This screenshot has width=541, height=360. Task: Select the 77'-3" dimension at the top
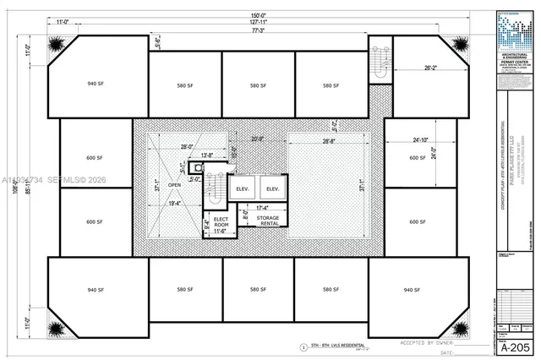click(x=254, y=30)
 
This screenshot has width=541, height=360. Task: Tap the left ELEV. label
click(x=241, y=188)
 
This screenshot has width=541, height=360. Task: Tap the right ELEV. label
click(x=271, y=188)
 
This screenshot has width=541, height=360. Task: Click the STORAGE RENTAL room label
click(x=268, y=221)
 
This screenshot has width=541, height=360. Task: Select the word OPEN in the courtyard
click(x=175, y=184)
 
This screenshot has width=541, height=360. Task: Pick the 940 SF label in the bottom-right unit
click(x=412, y=290)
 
